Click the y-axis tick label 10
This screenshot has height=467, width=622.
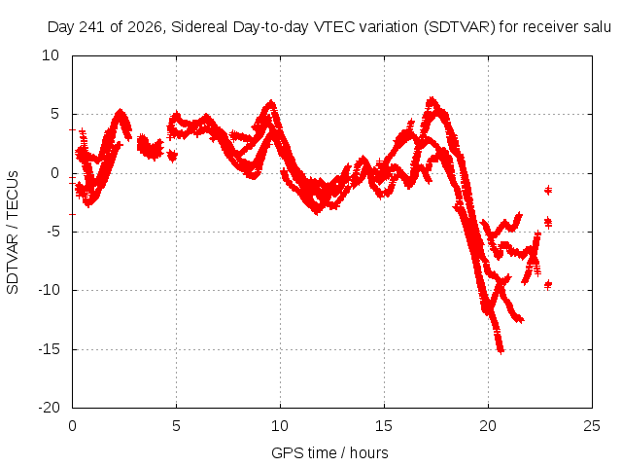(51, 55)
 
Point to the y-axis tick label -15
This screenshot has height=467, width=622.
(49, 349)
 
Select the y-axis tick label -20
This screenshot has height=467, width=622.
(49, 408)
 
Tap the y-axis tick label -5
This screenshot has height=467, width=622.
(52, 232)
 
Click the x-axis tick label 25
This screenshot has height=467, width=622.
(592, 426)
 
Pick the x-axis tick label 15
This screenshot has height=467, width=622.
(384, 426)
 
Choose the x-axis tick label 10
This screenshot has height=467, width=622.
(280, 426)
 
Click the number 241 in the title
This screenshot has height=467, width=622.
(92, 27)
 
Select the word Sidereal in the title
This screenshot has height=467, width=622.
(199, 27)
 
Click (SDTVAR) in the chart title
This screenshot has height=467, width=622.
(460, 27)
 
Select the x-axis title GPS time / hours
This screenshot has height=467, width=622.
(329, 452)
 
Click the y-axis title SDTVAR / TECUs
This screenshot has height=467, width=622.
(13, 233)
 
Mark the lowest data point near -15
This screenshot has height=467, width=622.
(501, 351)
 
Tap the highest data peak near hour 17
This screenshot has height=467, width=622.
(432, 99)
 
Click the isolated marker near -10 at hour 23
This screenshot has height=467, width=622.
(548, 284)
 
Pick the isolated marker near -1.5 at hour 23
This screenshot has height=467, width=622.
(548, 191)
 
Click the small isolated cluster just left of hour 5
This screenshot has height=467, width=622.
(172, 156)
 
